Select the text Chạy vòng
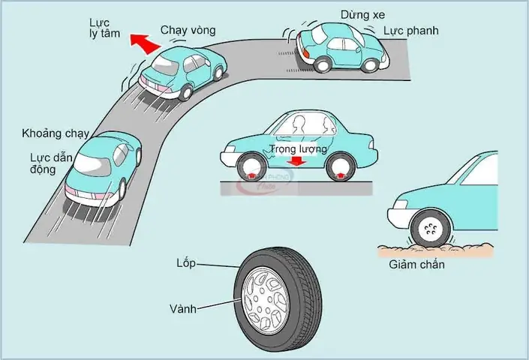pyautogui.click(x=188, y=31)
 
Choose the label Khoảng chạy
pyautogui.click(x=56, y=135)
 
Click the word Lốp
pyautogui.click(x=185, y=262)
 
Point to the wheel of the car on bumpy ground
pyautogui.click(x=430, y=228)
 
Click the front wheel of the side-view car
pyautogui.click(x=249, y=166)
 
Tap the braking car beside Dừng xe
pyautogui.click(x=341, y=45)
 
